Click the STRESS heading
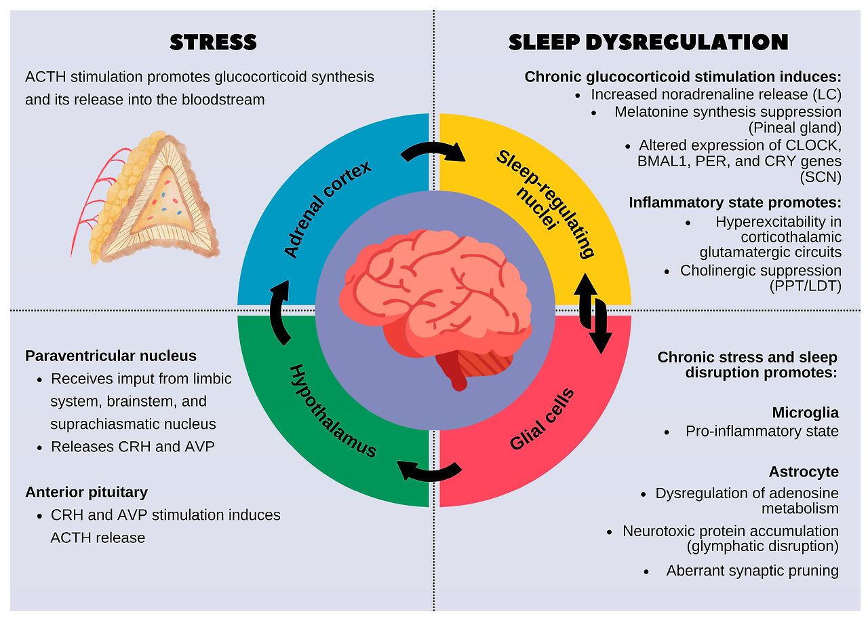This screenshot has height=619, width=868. [213, 42]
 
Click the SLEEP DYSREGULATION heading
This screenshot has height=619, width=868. [648, 42]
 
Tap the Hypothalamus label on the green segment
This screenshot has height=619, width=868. [332, 411]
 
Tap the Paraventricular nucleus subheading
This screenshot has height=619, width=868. [111, 356]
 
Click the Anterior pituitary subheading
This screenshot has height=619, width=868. [86, 491]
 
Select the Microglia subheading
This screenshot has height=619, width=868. [805, 412]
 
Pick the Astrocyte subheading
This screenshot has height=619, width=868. [804, 471]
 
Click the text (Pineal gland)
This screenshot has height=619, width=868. [795, 127]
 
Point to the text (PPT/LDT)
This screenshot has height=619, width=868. [805, 286]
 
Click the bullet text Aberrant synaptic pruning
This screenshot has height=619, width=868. [752, 570]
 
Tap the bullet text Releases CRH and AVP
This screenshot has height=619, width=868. [133, 447]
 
